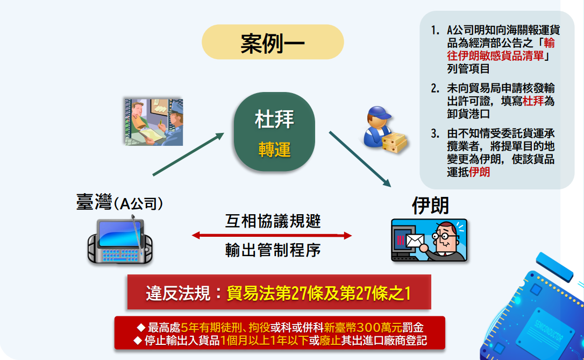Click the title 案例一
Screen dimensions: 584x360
(x=272, y=43)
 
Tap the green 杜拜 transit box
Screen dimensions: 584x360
(x=274, y=131)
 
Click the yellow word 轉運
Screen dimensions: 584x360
(x=274, y=150)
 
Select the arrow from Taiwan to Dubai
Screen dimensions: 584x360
(x=188, y=154)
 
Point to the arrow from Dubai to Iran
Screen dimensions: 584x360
(x=360, y=159)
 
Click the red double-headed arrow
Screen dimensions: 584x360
(x=272, y=236)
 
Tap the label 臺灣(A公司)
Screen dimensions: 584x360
(x=119, y=203)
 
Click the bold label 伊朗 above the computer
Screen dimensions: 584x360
(x=430, y=206)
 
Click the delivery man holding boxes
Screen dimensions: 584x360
(x=384, y=130)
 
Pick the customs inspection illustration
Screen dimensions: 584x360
(x=154, y=122)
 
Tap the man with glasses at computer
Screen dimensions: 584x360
(x=429, y=240)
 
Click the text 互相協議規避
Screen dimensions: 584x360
(x=273, y=221)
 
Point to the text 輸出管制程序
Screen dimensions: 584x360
(x=273, y=250)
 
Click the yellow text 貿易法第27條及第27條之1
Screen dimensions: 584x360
(x=319, y=293)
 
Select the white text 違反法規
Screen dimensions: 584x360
(x=178, y=293)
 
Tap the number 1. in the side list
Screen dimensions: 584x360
(x=435, y=30)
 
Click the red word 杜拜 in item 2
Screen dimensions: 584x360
(x=533, y=101)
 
